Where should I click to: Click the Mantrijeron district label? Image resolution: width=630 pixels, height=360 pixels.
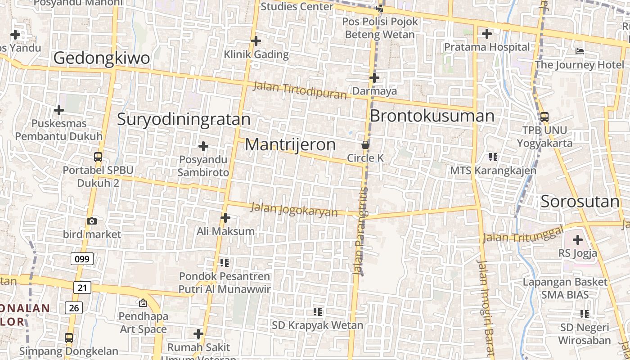coord(290,144)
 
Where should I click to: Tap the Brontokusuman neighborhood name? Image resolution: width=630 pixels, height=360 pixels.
coord(432,116)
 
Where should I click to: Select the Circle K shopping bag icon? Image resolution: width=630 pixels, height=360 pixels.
coord(365,145)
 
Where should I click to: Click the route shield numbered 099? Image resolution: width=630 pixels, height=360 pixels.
coord(82,259)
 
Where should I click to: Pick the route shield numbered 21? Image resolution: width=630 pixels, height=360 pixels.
coord(81,288)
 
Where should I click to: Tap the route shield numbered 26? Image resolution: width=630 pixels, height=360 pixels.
coord(73,308)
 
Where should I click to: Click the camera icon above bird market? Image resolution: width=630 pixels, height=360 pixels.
coord(92,221)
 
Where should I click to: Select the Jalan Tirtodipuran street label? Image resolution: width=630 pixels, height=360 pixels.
coord(300,90)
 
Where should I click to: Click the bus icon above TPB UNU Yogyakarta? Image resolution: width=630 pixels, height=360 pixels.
coord(544,117)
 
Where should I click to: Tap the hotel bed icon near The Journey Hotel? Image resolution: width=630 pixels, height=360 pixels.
coord(580,51)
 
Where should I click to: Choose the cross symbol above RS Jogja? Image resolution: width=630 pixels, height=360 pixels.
coord(577,240)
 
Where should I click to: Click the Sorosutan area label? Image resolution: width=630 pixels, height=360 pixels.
coord(580,202)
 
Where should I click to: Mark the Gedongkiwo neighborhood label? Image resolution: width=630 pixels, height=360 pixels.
coord(102,58)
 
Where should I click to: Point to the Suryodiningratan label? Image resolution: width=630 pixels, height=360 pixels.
coord(184,119)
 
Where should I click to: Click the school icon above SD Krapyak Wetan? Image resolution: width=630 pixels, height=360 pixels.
coord(318,311)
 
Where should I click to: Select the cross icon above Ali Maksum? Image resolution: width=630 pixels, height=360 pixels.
coord(225,218)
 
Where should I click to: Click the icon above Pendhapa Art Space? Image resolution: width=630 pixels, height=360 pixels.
coord(143,303)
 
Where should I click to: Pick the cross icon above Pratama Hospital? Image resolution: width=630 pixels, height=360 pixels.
coord(486,33)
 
